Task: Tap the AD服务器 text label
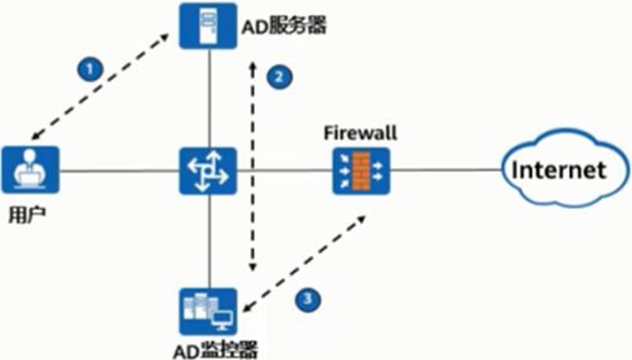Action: [281, 27]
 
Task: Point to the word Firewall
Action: [360, 133]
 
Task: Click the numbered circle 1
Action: [90, 69]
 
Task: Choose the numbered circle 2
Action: [278, 76]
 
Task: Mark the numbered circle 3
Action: [307, 298]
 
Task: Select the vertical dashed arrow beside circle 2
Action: [252, 165]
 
